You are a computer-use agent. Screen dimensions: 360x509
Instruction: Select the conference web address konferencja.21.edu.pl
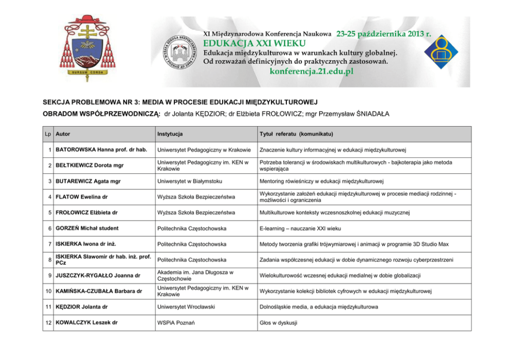click(x=311, y=72)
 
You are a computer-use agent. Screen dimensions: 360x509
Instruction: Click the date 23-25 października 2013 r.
click(x=383, y=33)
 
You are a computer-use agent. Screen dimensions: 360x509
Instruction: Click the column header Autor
click(x=63, y=134)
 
